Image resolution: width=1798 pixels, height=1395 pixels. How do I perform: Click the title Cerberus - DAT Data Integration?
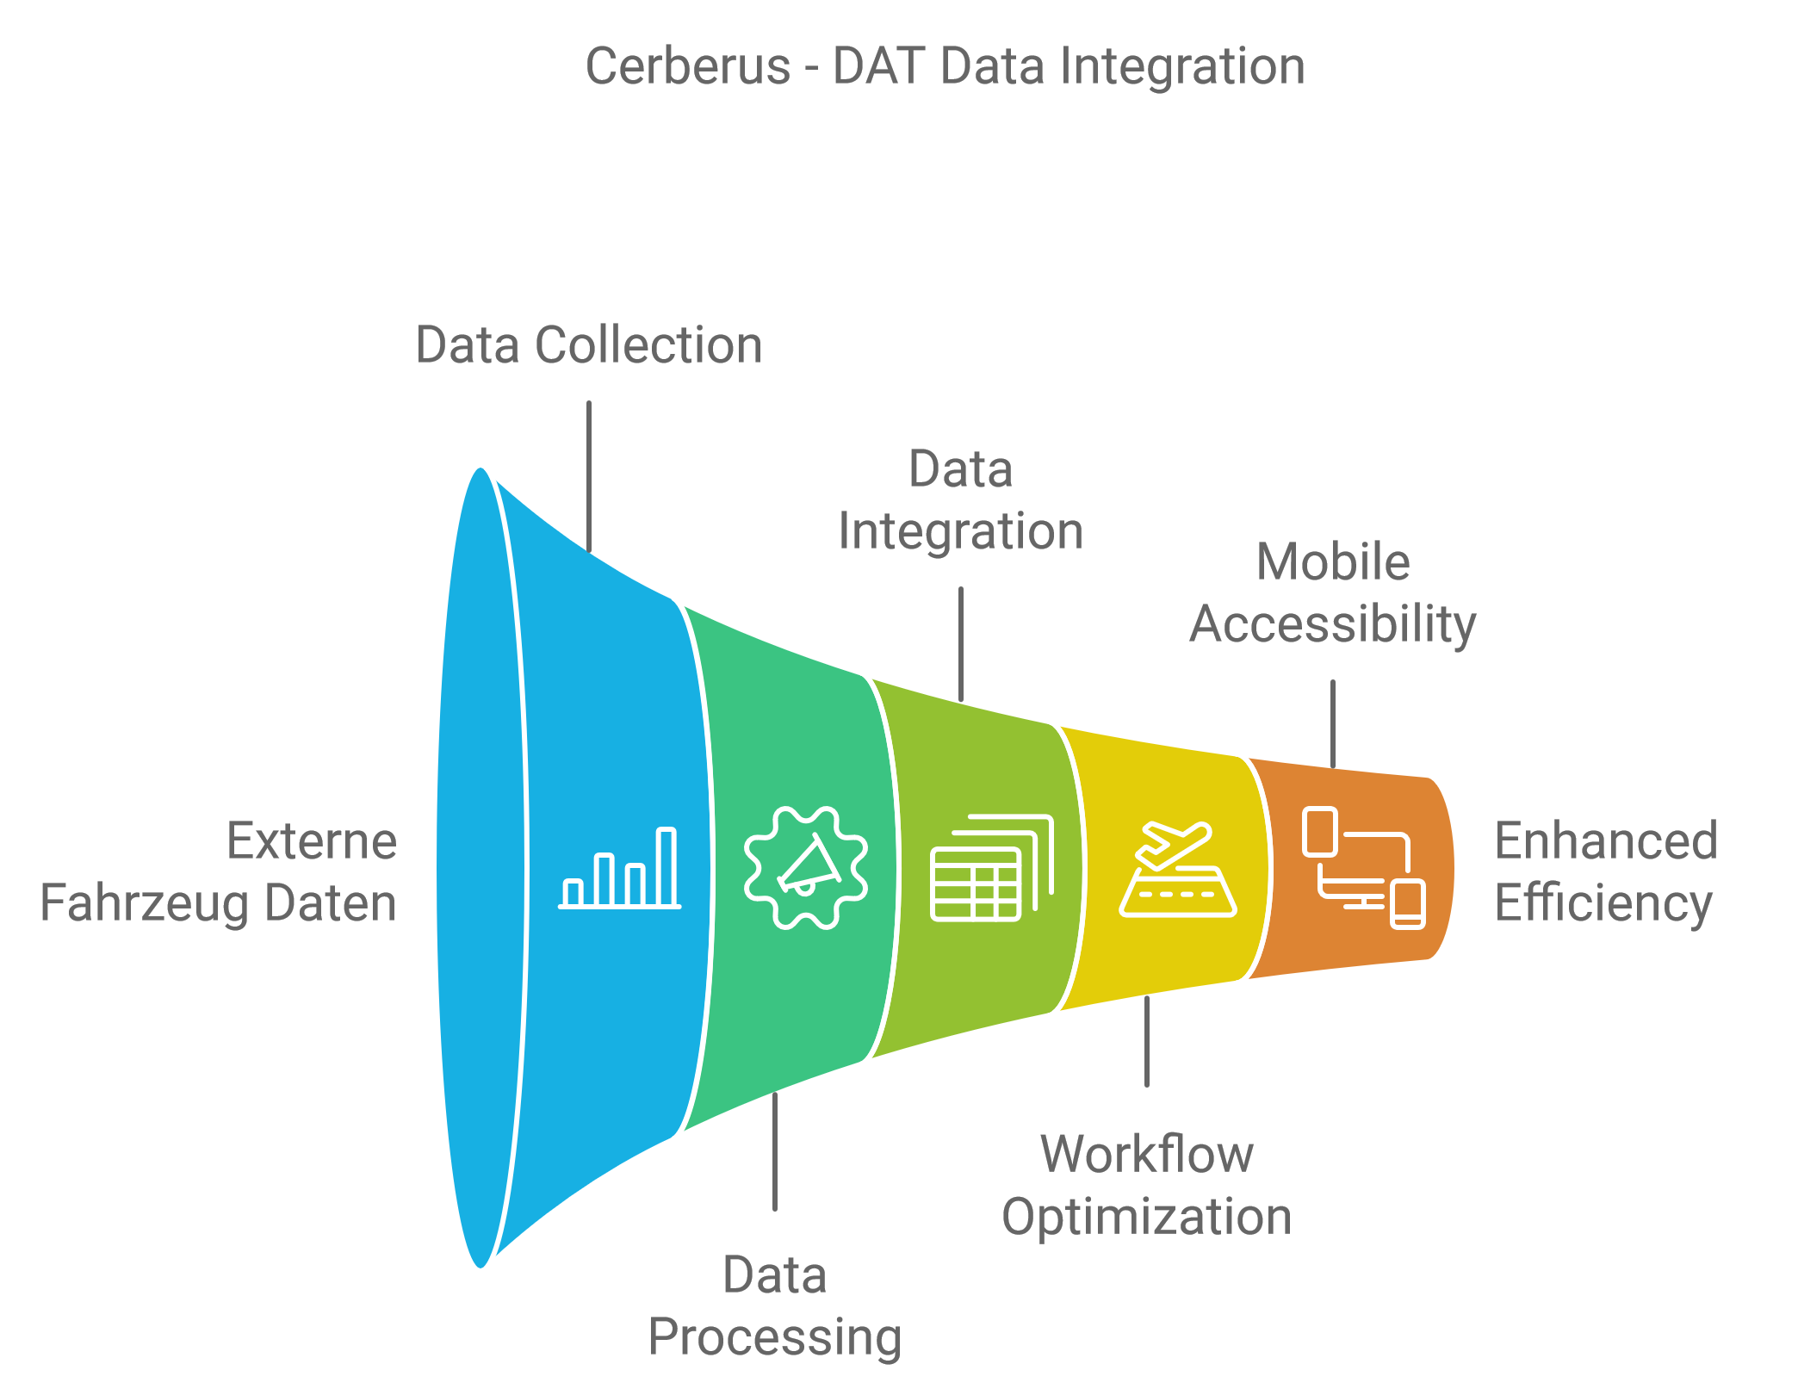pos(945,66)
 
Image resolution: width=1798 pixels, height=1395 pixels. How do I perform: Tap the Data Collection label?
pos(589,345)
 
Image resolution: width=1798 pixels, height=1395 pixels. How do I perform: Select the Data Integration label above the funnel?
pos(961,500)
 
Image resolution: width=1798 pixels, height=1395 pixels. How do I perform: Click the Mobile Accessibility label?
pos(1333,592)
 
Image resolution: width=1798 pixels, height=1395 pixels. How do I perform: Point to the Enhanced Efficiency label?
pos(1606,871)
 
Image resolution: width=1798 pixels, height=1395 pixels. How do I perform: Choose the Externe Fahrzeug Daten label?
pos(219,871)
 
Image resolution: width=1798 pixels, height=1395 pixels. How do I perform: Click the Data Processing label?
pos(775,1305)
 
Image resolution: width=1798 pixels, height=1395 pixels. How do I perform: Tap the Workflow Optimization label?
pos(1147,1185)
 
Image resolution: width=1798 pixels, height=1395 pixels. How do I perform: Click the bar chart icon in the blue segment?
pos(620,868)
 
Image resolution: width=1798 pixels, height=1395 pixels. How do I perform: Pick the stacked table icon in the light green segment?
pos(992,868)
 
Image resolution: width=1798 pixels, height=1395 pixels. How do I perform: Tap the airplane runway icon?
pos(1178,870)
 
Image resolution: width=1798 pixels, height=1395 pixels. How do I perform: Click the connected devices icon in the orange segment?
pos(1364,868)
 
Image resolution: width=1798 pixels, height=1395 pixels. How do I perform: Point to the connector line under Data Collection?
pos(589,476)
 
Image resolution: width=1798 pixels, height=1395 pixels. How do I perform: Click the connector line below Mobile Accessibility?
pos(1333,723)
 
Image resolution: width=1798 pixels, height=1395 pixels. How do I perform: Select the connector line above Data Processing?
pos(775,1151)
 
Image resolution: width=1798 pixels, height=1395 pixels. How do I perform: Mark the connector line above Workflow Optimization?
pos(1147,1041)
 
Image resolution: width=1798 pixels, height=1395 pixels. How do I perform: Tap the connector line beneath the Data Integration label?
pos(961,644)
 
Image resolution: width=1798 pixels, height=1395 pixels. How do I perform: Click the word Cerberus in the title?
pos(688,66)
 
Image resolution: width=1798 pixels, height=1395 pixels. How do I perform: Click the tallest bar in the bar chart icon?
pos(666,866)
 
